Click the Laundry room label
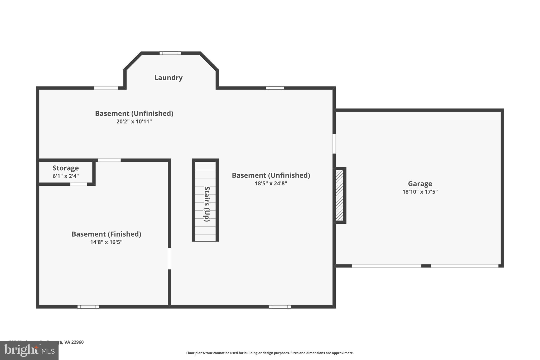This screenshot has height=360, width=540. (x=168, y=78)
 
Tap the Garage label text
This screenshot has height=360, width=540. (x=420, y=184)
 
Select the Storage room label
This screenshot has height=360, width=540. (x=66, y=168)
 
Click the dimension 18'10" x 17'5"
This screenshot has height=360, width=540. (x=420, y=192)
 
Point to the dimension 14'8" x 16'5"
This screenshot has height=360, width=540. (x=106, y=242)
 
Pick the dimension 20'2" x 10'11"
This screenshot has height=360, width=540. (x=134, y=122)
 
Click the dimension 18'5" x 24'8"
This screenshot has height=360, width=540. (x=271, y=183)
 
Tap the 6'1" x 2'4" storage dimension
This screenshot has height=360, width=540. (x=66, y=176)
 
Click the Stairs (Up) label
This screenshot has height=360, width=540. (x=207, y=204)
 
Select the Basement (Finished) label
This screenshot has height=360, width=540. (x=106, y=234)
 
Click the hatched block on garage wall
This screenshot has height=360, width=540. (x=339, y=195)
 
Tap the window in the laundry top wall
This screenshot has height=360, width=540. (x=170, y=53)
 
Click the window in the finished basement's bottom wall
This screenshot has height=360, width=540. (x=88, y=307)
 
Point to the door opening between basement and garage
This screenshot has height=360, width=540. (x=334, y=144)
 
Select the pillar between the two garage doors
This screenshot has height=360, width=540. (x=426, y=266)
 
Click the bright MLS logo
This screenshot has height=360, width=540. (x=29, y=350)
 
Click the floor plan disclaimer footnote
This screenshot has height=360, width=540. (x=270, y=353)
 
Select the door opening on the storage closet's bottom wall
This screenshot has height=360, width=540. (x=79, y=184)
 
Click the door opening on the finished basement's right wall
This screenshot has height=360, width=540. (x=169, y=258)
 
